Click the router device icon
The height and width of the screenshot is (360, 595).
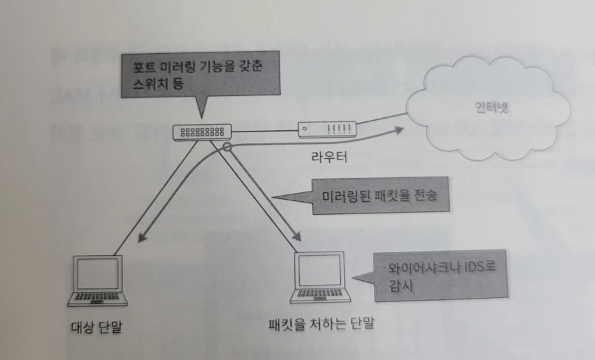pos(326,127)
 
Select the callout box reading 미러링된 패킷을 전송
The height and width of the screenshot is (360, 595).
pos(378,197)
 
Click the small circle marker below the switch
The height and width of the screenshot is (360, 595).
pos(228,147)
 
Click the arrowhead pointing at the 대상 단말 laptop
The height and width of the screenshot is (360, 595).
pos(142,239)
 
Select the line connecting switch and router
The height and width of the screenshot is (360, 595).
pos(265,130)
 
